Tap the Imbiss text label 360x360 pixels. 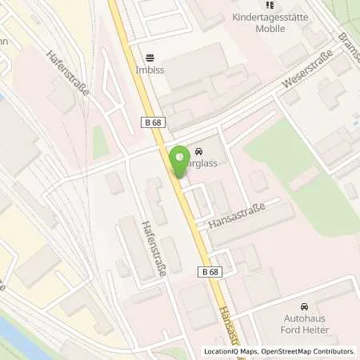(150, 69)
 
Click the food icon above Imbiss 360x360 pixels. (150, 58)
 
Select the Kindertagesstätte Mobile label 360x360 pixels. (282, 22)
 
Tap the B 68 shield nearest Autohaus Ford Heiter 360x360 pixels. (210, 272)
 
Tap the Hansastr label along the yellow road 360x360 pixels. (228, 328)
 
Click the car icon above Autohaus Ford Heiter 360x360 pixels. (303, 307)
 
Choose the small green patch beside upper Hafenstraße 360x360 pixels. (101, 142)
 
